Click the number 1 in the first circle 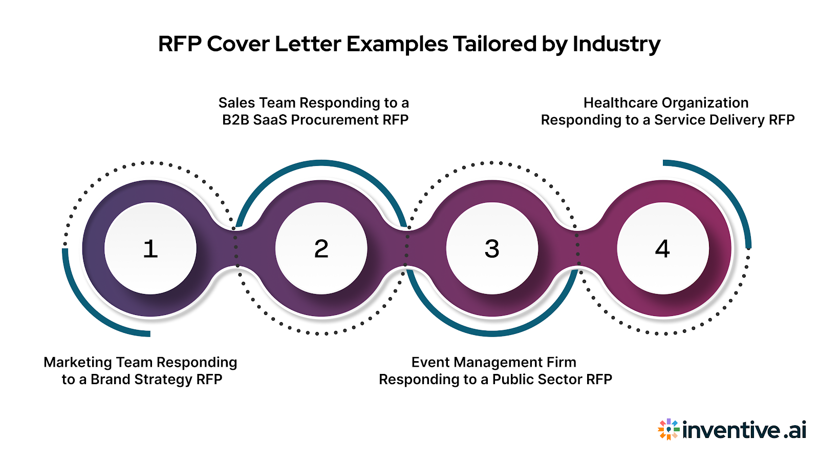point(150,249)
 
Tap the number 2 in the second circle point(321,249)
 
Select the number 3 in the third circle point(492,249)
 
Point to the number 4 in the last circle point(662,249)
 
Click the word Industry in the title point(616,45)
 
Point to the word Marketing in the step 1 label point(78,362)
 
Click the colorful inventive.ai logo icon point(669,430)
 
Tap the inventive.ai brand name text point(744,430)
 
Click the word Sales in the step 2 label point(238,103)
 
